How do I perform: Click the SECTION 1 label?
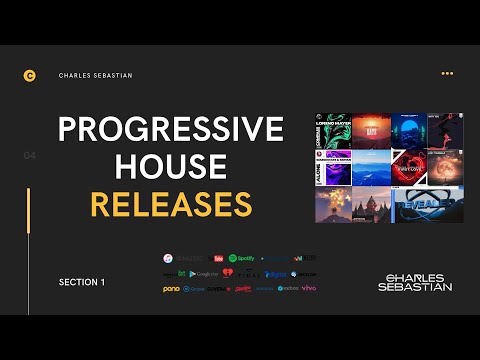point(82,283)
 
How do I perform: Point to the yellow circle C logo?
point(29,75)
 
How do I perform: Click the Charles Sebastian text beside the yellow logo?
point(95,75)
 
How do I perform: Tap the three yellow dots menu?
point(447,73)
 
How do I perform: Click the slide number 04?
point(29,156)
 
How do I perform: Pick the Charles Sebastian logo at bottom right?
point(415,282)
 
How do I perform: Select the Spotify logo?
point(242,257)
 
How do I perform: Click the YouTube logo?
point(219,257)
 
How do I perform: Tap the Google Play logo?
point(204,273)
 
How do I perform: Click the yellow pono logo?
point(172,289)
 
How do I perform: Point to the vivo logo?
point(310,289)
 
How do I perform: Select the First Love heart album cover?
point(409,168)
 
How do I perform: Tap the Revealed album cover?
point(427,204)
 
